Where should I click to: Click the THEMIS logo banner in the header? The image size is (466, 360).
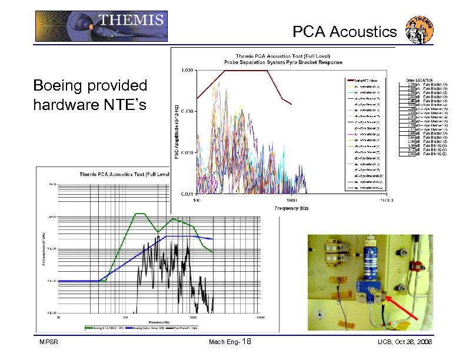coord(101,26)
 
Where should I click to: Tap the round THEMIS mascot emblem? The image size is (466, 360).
coord(420,30)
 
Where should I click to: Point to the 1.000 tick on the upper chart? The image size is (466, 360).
coord(187,71)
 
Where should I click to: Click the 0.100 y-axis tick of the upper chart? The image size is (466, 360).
coord(187,111)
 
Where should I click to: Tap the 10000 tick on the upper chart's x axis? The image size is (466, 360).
coord(386,200)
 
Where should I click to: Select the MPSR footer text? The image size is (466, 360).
coord(48,342)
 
